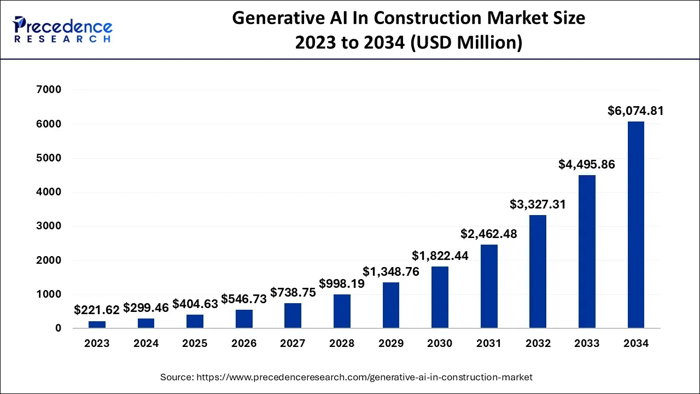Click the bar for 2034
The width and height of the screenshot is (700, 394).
point(635,225)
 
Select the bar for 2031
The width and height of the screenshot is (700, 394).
point(489,286)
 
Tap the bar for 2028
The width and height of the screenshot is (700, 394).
point(342,311)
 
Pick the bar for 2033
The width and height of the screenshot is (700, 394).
point(587,252)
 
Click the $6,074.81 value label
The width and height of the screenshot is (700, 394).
point(635,111)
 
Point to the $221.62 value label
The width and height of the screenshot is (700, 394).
point(97,310)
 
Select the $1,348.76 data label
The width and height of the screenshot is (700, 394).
point(390,271)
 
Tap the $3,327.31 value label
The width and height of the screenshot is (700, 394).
point(538,204)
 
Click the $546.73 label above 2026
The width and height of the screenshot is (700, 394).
point(244,299)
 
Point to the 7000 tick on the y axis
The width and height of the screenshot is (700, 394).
point(50,90)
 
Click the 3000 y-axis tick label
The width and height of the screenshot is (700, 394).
point(50,226)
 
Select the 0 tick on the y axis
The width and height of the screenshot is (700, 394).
point(58,328)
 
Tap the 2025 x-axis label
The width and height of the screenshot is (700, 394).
point(195,344)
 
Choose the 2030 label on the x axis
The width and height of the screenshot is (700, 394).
point(440,344)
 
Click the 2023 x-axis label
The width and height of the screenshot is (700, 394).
point(97,344)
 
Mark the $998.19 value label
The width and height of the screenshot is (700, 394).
point(342,283)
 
